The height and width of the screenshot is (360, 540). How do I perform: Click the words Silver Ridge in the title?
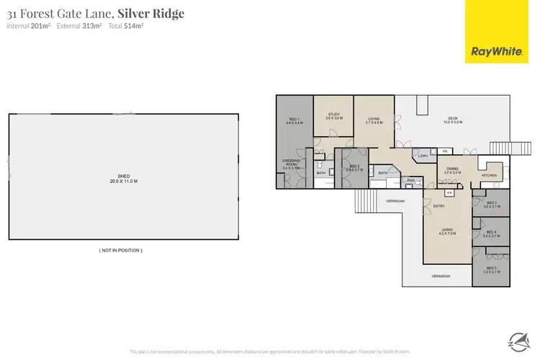click(x=156, y=14)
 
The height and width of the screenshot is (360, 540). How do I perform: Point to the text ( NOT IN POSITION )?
click(x=120, y=250)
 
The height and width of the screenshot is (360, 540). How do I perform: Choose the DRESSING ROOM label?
click(x=291, y=163)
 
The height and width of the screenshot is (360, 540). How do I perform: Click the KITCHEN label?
click(x=489, y=175)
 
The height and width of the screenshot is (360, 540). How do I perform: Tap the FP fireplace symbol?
click(x=449, y=193)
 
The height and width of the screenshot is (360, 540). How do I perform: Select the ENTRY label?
click(x=439, y=207)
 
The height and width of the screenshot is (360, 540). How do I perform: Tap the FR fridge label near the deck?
click(x=445, y=151)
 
